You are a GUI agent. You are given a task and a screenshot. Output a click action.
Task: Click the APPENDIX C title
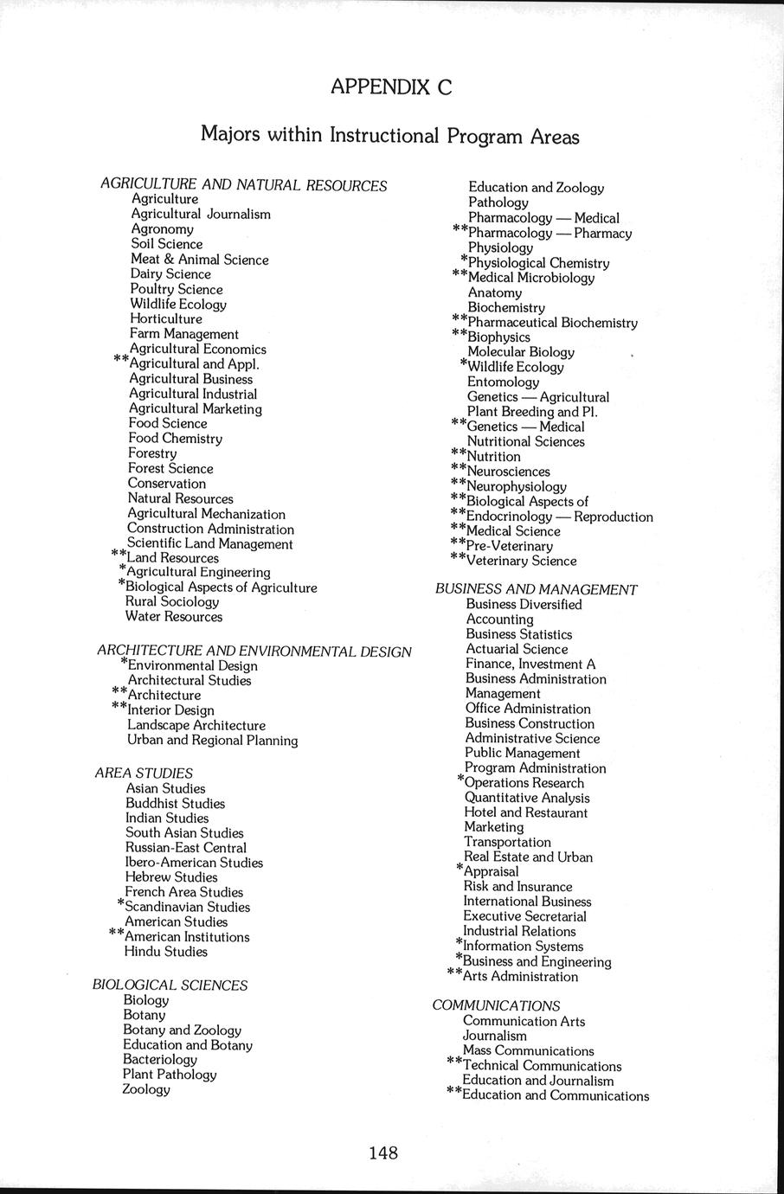point(391,87)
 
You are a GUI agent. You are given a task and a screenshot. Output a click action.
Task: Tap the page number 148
point(383,1152)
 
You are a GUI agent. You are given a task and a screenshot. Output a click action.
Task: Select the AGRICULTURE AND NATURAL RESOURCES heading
point(243,185)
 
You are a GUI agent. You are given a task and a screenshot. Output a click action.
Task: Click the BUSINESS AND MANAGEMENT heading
point(536,589)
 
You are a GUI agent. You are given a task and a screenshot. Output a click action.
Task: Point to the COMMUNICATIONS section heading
point(496,1005)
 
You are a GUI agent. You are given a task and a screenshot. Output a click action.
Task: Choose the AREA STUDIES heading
point(144,773)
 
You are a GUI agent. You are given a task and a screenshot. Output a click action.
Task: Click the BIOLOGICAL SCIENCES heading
point(170,985)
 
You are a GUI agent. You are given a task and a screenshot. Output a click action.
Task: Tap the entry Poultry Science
point(177,289)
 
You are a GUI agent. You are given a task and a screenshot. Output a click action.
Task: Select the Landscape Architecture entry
point(196,725)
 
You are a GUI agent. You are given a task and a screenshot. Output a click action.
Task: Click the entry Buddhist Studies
point(175,803)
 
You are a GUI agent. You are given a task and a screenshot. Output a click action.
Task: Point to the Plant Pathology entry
point(170,1074)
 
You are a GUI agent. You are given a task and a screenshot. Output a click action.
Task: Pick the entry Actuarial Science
point(517,649)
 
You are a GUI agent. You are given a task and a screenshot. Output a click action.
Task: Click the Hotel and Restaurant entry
point(525,812)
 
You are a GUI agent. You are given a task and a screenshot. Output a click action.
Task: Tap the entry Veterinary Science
point(521,561)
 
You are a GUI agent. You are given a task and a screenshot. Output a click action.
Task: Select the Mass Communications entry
point(528,1050)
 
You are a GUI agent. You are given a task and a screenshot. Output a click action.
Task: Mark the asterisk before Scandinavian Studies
point(121,903)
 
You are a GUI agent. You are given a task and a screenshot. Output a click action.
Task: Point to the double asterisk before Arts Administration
point(454,973)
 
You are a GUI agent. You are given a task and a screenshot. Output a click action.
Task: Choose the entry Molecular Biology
point(520,352)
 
